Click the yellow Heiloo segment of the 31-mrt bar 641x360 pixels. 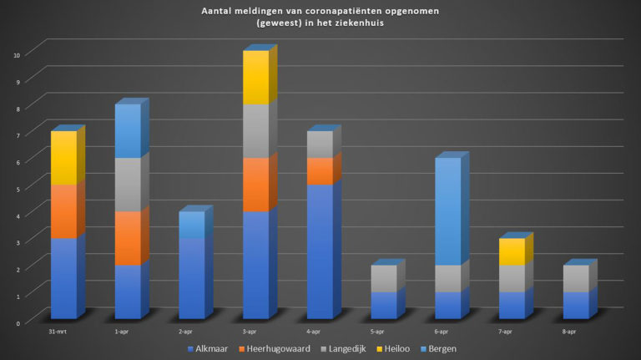(x=63, y=158)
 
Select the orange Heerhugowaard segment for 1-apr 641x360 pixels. (x=128, y=238)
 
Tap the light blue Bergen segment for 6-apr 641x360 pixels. (x=447, y=211)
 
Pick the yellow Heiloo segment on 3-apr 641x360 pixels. (x=255, y=78)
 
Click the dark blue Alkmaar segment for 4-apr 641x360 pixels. (x=320, y=251)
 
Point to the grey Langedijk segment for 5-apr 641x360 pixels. (x=384, y=278)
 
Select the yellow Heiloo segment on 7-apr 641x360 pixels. (x=512, y=251)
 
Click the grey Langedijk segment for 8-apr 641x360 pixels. (x=576, y=278)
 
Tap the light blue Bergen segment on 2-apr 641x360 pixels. (x=192, y=225)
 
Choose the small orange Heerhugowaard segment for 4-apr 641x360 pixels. (x=320, y=171)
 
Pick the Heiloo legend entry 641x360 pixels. (x=391, y=347)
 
